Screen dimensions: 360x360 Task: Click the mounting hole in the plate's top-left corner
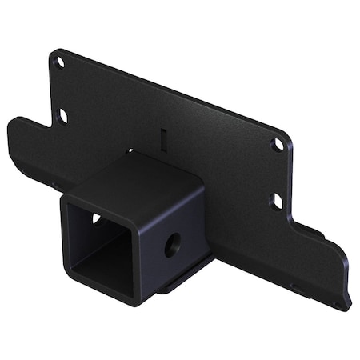click(58, 61)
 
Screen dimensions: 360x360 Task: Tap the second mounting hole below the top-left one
click(62, 116)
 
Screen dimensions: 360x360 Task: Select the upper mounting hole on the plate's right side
click(278, 145)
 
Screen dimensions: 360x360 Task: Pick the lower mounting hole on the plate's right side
click(277, 200)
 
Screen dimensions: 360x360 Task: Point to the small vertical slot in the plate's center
click(163, 137)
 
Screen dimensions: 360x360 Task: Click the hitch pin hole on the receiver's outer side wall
click(172, 244)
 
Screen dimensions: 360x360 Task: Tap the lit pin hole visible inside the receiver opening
click(96, 218)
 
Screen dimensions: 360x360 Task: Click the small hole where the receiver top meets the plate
click(130, 150)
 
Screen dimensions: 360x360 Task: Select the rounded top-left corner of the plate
click(53, 54)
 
